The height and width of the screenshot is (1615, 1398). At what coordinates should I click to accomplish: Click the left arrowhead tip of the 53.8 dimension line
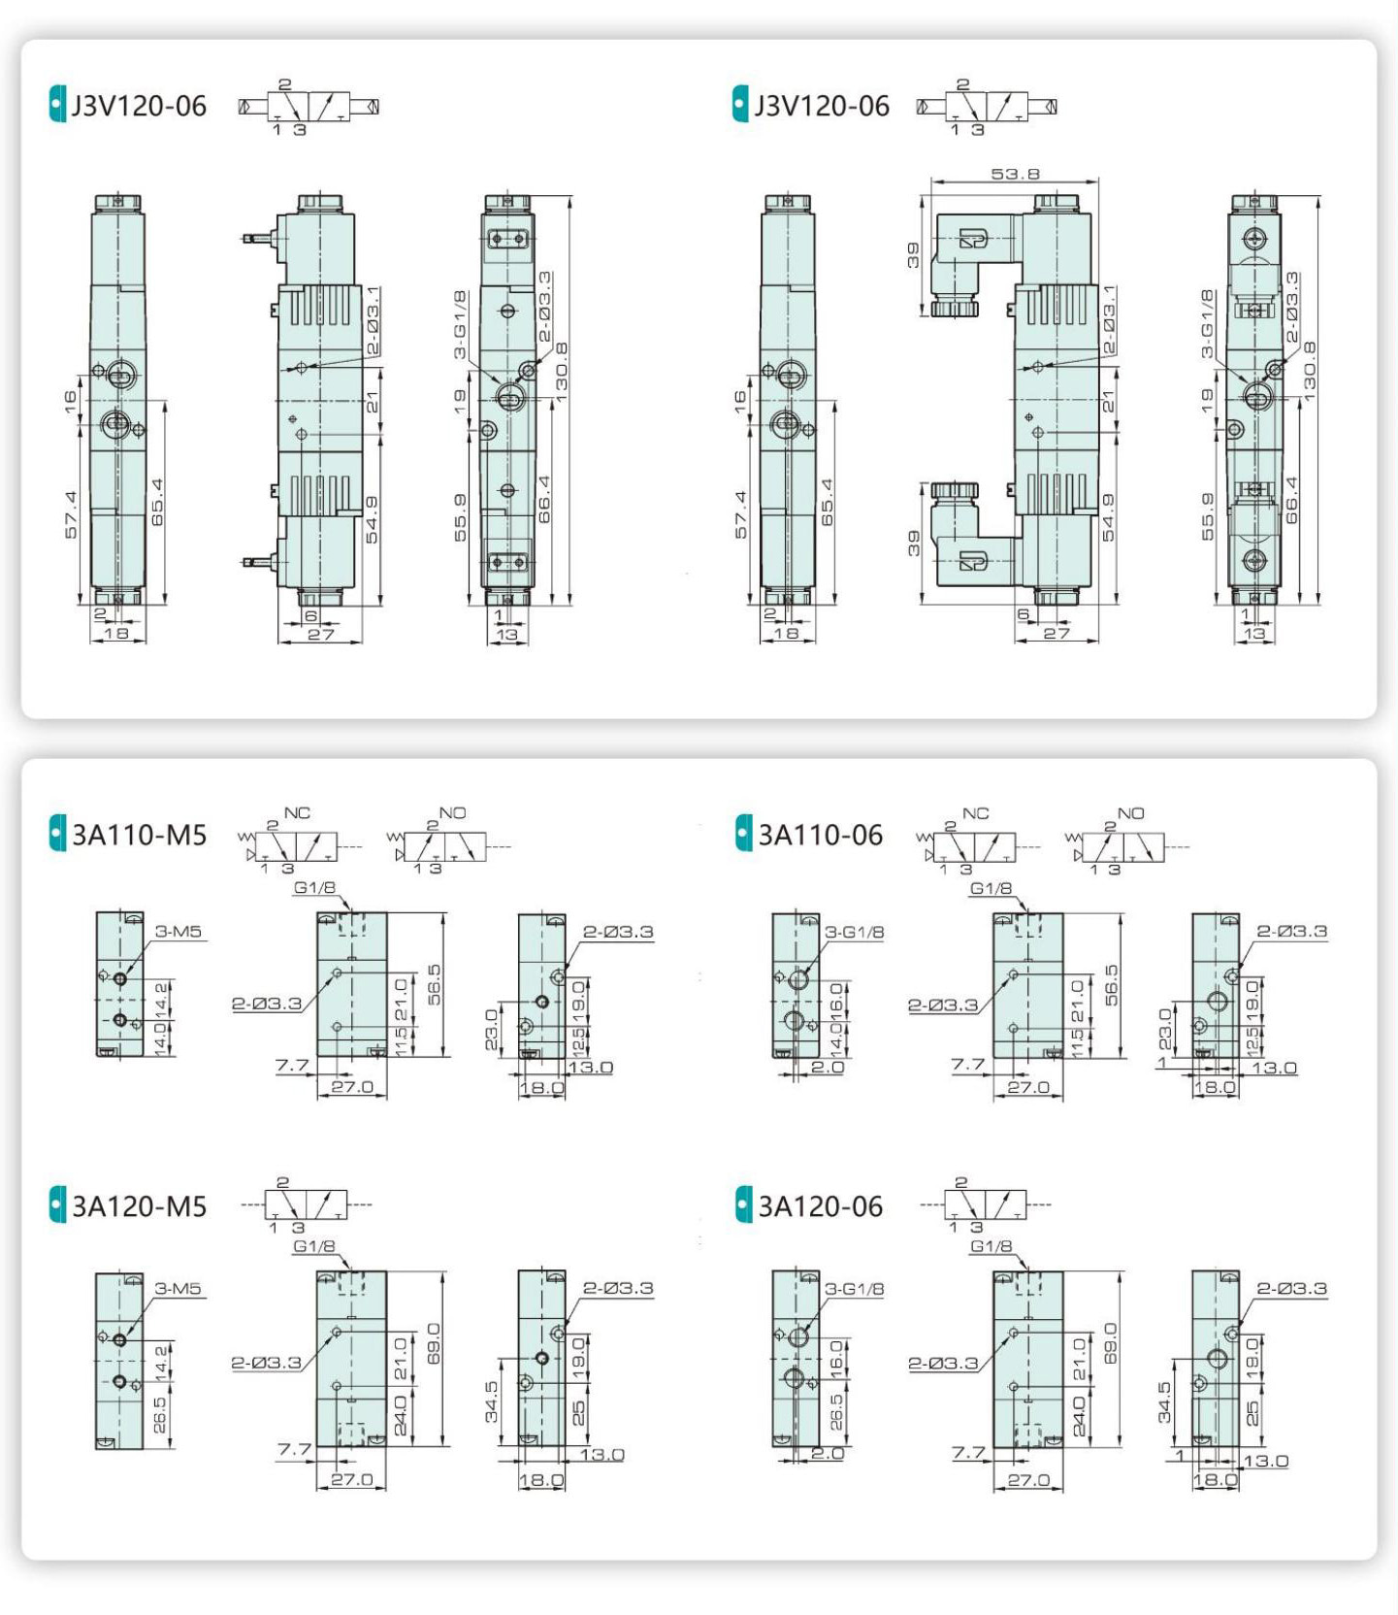[930, 181]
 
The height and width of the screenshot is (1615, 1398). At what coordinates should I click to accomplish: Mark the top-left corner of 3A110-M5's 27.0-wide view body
[317, 912]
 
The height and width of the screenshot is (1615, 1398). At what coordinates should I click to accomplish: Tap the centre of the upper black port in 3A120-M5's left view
[119, 1340]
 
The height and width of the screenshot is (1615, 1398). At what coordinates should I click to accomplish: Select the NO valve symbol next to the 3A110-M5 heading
[448, 840]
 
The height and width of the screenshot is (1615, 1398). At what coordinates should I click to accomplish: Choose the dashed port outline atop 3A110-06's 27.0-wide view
[1027, 924]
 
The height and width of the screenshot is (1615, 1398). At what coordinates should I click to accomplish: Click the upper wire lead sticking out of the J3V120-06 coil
[259, 237]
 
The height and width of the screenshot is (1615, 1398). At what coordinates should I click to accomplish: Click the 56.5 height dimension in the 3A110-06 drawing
[1111, 984]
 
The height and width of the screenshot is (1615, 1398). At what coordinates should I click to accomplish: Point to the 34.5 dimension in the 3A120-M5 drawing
[491, 1401]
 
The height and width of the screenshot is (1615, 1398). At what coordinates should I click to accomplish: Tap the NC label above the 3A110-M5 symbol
[297, 812]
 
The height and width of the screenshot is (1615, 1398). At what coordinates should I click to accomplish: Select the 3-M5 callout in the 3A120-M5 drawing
[178, 1289]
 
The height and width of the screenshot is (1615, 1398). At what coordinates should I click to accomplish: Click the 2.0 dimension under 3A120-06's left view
[828, 1453]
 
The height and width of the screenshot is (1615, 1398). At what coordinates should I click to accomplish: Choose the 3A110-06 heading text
[821, 835]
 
